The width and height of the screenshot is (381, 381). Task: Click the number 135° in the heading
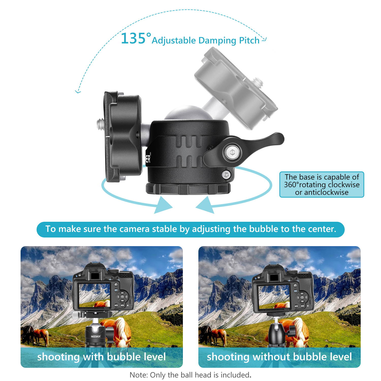coord(136,39)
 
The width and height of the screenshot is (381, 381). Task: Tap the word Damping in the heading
coord(217,40)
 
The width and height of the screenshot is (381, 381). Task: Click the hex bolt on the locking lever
coord(232,153)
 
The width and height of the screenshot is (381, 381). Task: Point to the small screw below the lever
coord(226,175)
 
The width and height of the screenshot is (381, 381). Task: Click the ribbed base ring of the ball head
coord(188,189)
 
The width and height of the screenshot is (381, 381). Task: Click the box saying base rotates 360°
coord(322,185)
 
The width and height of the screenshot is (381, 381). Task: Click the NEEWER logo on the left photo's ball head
coord(96,336)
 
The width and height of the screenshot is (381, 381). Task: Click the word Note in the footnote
coord(138,375)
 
